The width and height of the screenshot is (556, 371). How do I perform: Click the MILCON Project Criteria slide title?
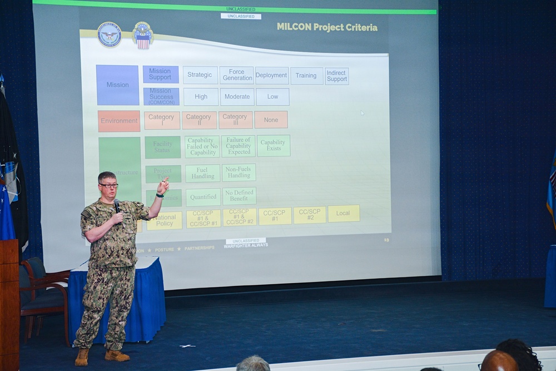coord(327,27)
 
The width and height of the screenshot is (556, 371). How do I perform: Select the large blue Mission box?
coord(117,85)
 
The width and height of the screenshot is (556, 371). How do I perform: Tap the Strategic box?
coord(200,75)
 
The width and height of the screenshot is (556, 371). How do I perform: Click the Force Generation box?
coord(237,75)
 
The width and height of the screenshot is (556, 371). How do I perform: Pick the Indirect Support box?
coord(336,76)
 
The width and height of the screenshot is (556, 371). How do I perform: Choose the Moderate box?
coord(237,97)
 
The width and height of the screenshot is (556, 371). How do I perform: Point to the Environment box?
coord(119,121)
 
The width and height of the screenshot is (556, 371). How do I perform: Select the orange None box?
coord(271,120)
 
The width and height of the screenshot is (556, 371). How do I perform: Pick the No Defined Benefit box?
coord(239,196)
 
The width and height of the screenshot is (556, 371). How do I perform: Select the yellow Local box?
coord(343,214)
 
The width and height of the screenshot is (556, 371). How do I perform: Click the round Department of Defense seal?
coord(110,34)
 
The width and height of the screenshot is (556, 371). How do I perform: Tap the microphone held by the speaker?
coord(117,206)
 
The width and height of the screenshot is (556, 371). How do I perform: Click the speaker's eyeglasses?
coord(109,185)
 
